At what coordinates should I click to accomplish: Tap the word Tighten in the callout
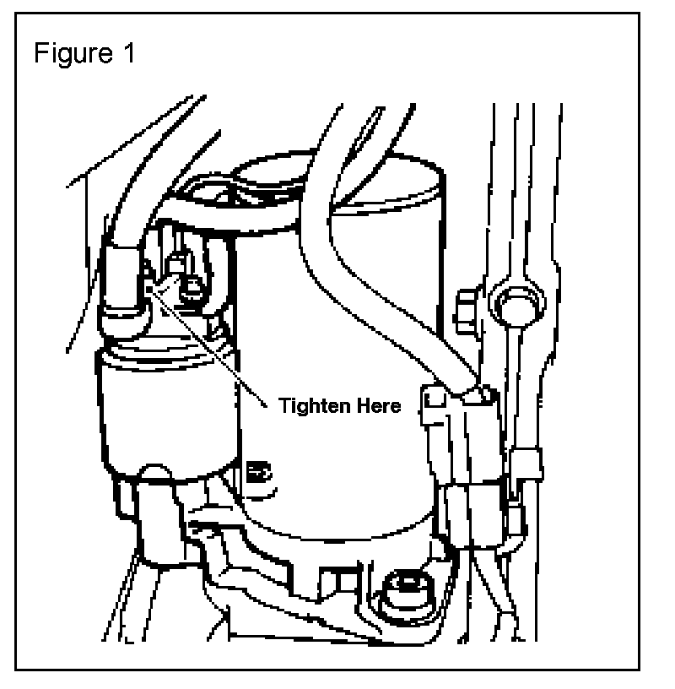coord(311,406)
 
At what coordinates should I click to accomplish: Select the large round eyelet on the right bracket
coord(513,303)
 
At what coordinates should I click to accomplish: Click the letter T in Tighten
coord(285,406)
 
